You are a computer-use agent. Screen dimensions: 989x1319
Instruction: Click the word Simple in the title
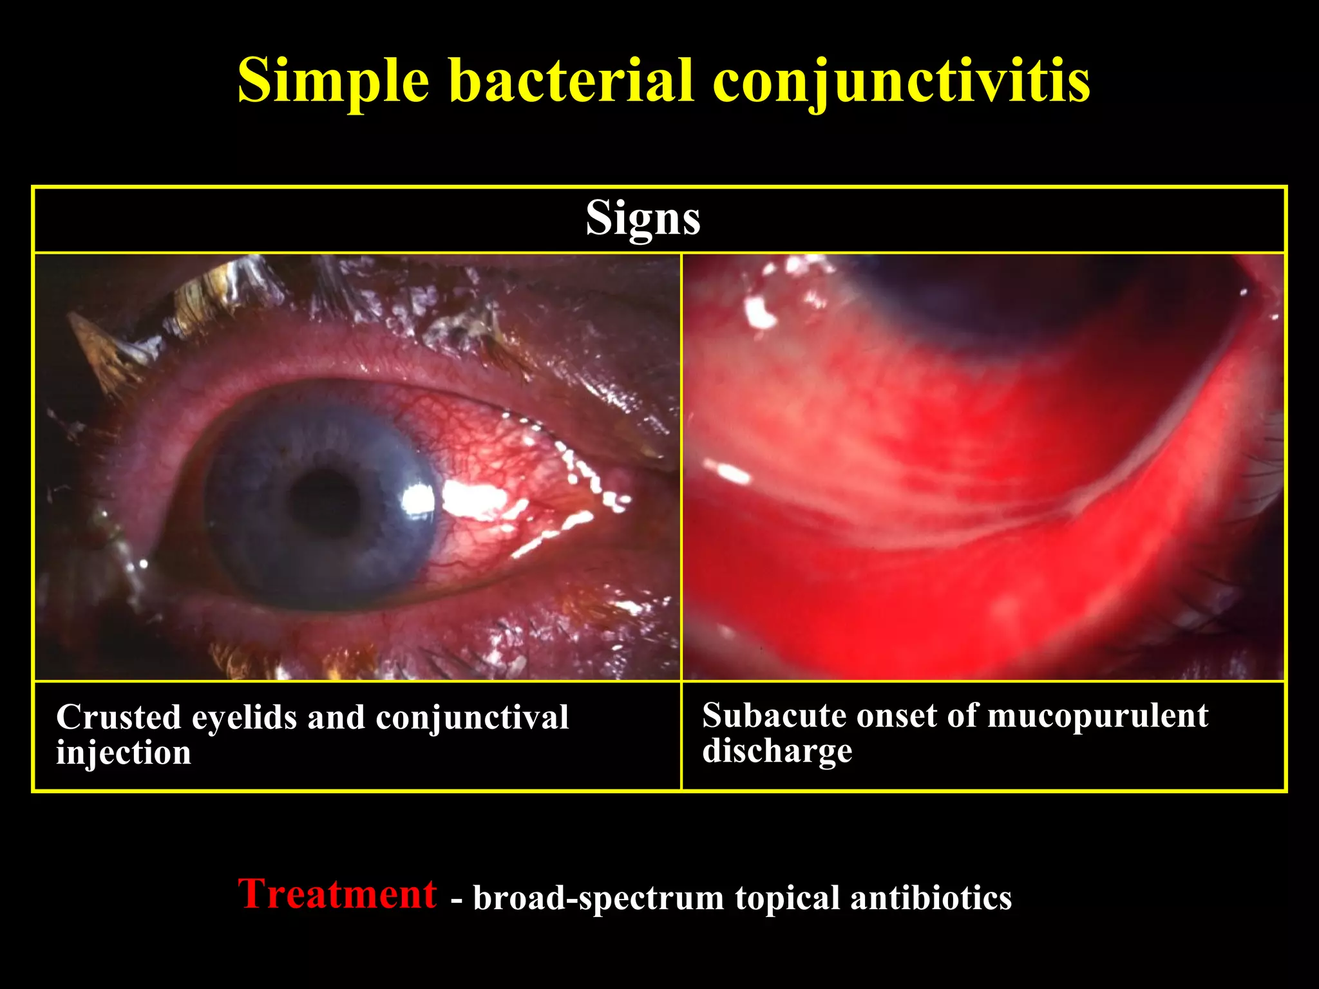[333, 82]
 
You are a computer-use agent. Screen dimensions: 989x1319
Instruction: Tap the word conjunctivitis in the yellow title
[901, 82]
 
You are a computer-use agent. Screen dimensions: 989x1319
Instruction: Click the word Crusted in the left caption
[119, 717]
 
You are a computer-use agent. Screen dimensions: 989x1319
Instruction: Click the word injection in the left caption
[124, 753]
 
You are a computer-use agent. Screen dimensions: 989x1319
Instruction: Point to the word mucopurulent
[1097, 716]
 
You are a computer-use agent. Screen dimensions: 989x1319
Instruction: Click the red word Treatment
[337, 894]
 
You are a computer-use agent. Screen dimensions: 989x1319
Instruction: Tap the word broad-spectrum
[598, 898]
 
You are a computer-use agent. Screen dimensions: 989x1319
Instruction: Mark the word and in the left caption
[336, 717]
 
